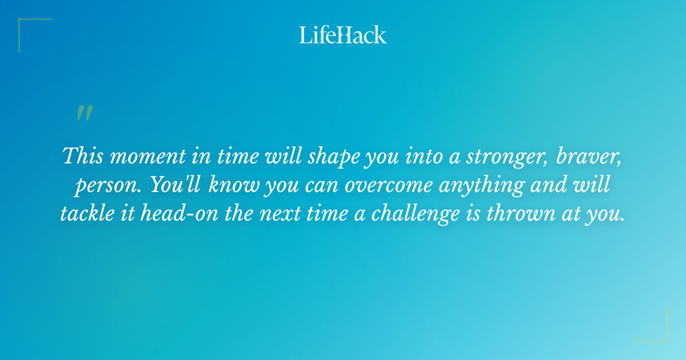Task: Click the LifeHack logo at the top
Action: [343, 35]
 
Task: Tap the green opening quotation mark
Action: [85, 113]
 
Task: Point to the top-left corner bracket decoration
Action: [29, 29]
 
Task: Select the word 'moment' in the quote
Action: [146, 157]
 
